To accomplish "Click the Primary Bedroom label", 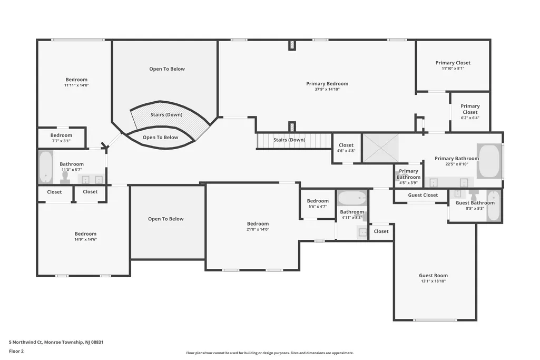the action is pyautogui.click(x=327, y=83).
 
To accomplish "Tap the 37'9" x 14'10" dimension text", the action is pyautogui.click(x=327, y=89).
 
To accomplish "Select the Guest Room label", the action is pyautogui.click(x=433, y=275).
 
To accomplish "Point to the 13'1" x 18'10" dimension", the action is pyautogui.click(x=433, y=281).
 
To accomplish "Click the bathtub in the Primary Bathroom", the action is pyautogui.click(x=489, y=161).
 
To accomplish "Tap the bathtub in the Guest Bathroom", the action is pyautogui.click(x=493, y=206).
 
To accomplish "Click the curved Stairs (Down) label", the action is pyautogui.click(x=166, y=115).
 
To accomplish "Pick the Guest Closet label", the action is pyautogui.click(x=423, y=195).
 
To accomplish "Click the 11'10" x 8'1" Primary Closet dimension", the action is pyautogui.click(x=453, y=69).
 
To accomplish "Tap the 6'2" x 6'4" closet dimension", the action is pyautogui.click(x=470, y=118).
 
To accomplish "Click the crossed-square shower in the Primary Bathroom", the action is pyautogui.click(x=380, y=148).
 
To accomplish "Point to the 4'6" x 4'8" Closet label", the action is pyautogui.click(x=346, y=145).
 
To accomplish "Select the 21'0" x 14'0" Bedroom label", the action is pyautogui.click(x=258, y=223).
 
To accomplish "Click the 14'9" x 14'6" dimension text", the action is pyautogui.click(x=86, y=239).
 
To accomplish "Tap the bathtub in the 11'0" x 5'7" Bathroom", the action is pyautogui.click(x=45, y=167).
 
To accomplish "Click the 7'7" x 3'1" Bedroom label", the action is pyautogui.click(x=61, y=135).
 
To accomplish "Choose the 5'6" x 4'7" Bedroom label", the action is pyautogui.click(x=318, y=201).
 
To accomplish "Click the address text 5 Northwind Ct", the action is pyautogui.click(x=25, y=342).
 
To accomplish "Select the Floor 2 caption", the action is pyautogui.click(x=16, y=352).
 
